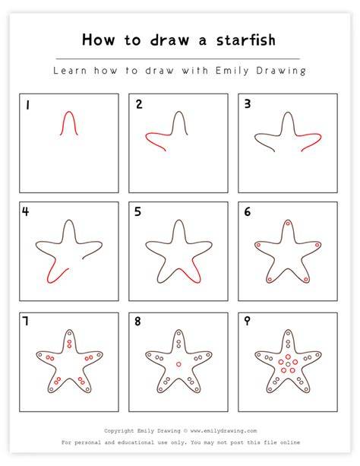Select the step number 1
(x=27, y=105)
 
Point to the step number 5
(x=137, y=212)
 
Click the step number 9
(x=247, y=321)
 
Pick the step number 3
(x=248, y=103)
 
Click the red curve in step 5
(x=190, y=276)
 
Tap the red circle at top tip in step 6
(x=288, y=223)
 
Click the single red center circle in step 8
(x=178, y=364)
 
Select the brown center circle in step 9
(x=288, y=364)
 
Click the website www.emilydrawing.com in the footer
(x=223, y=430)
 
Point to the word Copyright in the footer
(x=118, y=430)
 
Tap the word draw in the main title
(x=169, y=40)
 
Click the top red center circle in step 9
(x=288, y=357)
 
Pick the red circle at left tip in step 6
(x=258, y=246)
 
